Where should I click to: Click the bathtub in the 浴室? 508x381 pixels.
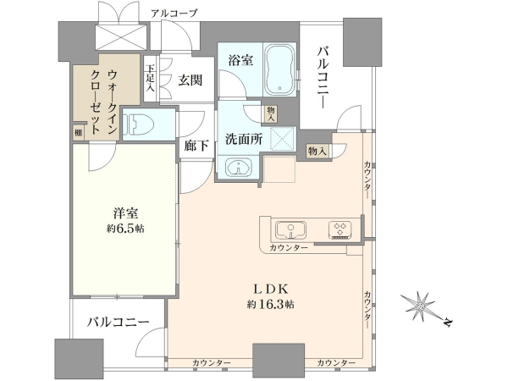[280, 69]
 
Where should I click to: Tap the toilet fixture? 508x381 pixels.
[140, 124]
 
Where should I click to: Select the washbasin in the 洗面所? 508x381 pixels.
[238, 168]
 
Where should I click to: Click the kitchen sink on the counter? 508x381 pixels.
[291, 230]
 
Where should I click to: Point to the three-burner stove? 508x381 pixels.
[340, 229]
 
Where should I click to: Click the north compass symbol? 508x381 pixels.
[425, 307]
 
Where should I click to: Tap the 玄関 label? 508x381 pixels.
[190, 80]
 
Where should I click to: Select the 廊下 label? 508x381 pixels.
[196, 146]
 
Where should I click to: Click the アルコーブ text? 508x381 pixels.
[174, 14]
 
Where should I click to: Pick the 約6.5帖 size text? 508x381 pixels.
[125, 229]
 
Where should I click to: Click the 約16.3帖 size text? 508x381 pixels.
[271, 304]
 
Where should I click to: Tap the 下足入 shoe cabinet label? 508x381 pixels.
[150, 78]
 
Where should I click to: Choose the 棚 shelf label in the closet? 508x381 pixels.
[78, 133]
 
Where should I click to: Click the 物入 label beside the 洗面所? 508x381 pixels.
[271, 114]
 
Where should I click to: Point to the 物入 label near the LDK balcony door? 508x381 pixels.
[317, 151]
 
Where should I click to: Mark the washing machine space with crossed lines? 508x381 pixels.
[283, 139]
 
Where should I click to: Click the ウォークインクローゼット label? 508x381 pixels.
[103, 102]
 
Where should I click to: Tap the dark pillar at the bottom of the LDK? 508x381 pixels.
[279, 360]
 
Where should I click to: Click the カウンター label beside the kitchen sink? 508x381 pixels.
[289, 248]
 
